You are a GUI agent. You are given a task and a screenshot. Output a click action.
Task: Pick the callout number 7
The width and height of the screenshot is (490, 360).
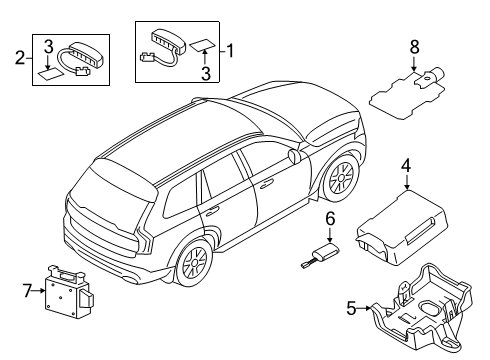27,290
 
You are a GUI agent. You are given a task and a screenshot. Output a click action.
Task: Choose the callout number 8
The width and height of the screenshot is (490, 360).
414,46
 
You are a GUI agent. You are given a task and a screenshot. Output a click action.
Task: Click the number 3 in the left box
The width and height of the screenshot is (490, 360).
48,46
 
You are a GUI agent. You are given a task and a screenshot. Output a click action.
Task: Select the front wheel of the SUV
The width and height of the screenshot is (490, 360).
340,178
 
